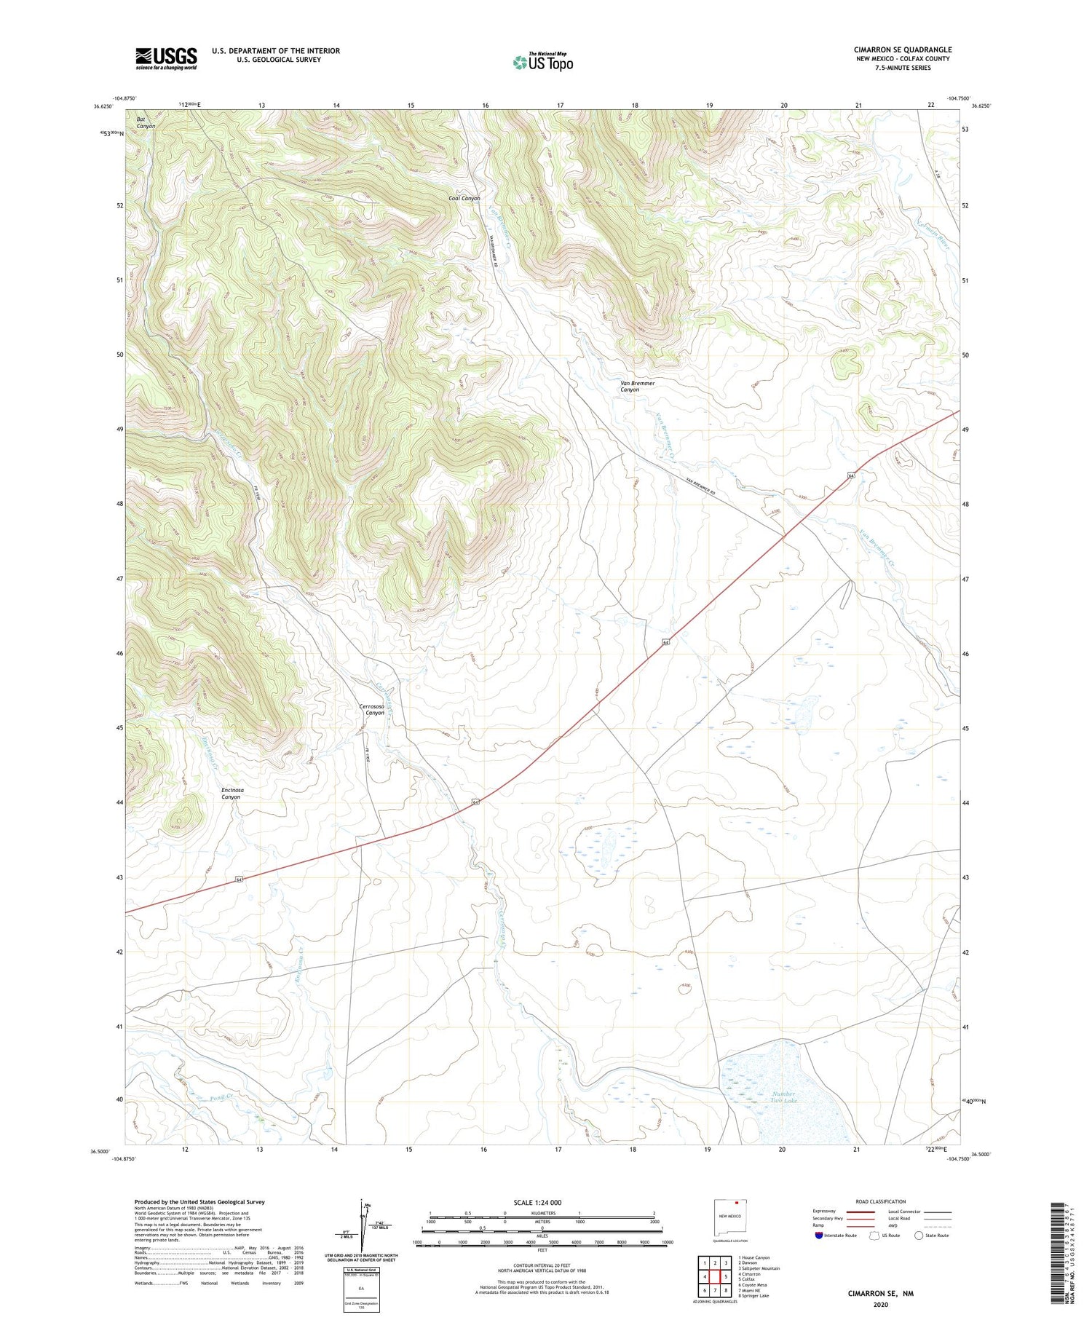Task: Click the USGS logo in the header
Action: point(166,58)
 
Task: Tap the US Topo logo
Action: point(542,63)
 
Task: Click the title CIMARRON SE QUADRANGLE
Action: point(902,50)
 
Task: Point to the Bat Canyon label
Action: point(146,122)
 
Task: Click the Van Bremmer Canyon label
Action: point(637,387)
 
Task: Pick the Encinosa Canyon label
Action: point(232,793)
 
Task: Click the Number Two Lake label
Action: point(783,1098)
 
